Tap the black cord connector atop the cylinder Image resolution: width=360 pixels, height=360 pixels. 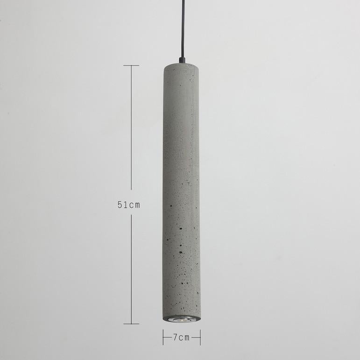coord(181,62)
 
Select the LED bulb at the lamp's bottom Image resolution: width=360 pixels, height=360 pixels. coord(182,321)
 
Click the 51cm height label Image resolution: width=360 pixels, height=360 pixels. coord(129,205)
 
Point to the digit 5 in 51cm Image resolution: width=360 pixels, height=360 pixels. coord(120,205)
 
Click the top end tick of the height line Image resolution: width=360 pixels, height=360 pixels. coord(131,65)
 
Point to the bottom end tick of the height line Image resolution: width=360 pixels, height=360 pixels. coord(131,323)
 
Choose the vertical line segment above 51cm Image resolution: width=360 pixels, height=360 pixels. coord(131,131)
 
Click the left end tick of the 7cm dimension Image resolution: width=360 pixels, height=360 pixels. coord(163,337)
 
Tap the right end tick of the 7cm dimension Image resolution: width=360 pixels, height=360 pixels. coord(200,337)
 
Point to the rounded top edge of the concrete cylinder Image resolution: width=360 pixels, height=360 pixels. coord(181,67)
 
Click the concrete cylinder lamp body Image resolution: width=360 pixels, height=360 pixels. coord(181,187)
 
